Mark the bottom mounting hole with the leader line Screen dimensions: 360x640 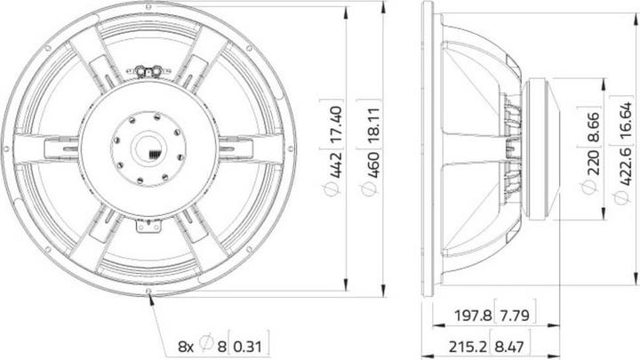148,290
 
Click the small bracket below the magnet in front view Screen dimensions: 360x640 148,228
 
